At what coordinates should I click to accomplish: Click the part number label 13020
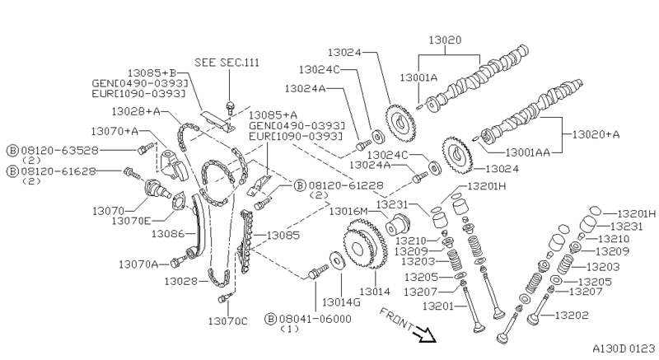[445, 40]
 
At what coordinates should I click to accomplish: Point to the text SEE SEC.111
[227, 63]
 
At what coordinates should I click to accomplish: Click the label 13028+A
[137, 111]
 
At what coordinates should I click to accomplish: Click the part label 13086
[168, 234]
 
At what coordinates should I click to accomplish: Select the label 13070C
[227, 320]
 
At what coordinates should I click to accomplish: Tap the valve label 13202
[571, 315]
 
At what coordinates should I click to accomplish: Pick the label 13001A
[420, 76]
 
